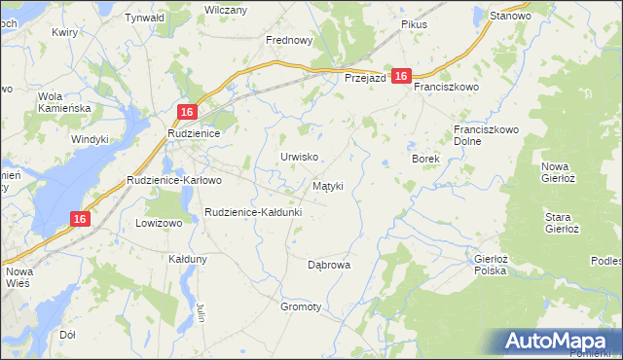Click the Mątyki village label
tap(327, 185)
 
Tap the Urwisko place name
tap(300, 157)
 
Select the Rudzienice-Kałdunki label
tap(253, 212)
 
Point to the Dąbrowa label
tap(328, 265)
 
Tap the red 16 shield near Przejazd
tap(403, 78)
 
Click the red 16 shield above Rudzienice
tap(189, 112)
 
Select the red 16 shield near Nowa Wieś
tap(81, 220)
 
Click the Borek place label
tap(426, 159)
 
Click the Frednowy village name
tap(289, 41)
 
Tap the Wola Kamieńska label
tap(64, 102)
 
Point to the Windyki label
tap(90, 139)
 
